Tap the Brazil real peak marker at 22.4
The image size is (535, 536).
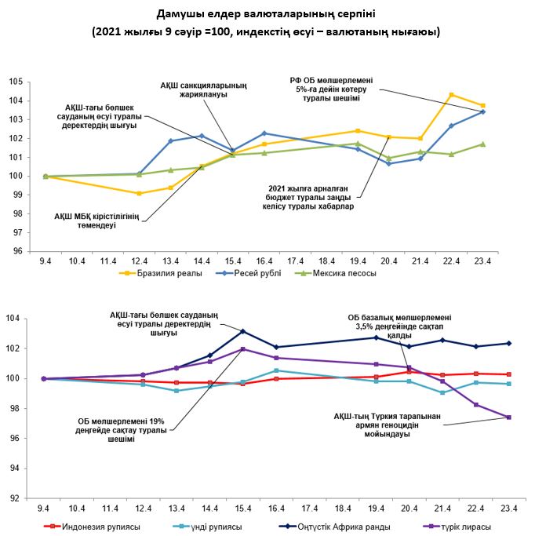(x=451, y=95)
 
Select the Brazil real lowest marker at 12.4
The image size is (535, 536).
(x=139, y=193)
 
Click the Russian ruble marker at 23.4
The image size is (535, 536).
(x=482, y=111)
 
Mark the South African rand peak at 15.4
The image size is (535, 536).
(x=242, y=331)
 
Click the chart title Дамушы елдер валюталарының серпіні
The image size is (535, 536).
(x=266, y=15)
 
